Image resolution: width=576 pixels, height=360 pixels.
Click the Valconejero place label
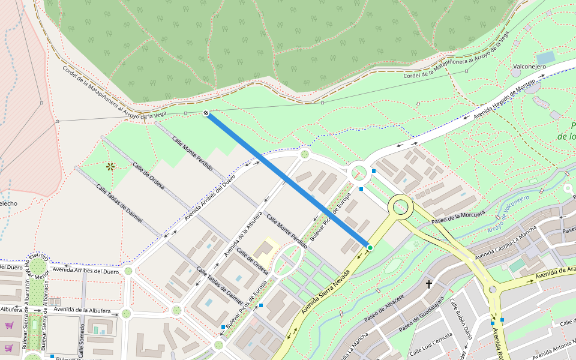(x=529, y=67)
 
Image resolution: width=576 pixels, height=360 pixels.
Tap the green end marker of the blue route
(x=370, y=247)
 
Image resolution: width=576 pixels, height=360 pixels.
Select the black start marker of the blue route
(x=206, y=113)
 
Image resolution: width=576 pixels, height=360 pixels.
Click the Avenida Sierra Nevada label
(x=325, y=290)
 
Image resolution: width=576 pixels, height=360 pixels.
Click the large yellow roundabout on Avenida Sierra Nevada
(x=400, y=208)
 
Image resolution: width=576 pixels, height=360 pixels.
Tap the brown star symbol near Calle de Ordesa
(x=110, y=166)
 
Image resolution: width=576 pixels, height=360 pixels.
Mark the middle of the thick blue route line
(x=288, y=180)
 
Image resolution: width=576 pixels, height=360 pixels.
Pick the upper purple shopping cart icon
(x=9, y=326)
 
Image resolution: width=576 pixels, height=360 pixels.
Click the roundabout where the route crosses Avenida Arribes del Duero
(x=304, y=154)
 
